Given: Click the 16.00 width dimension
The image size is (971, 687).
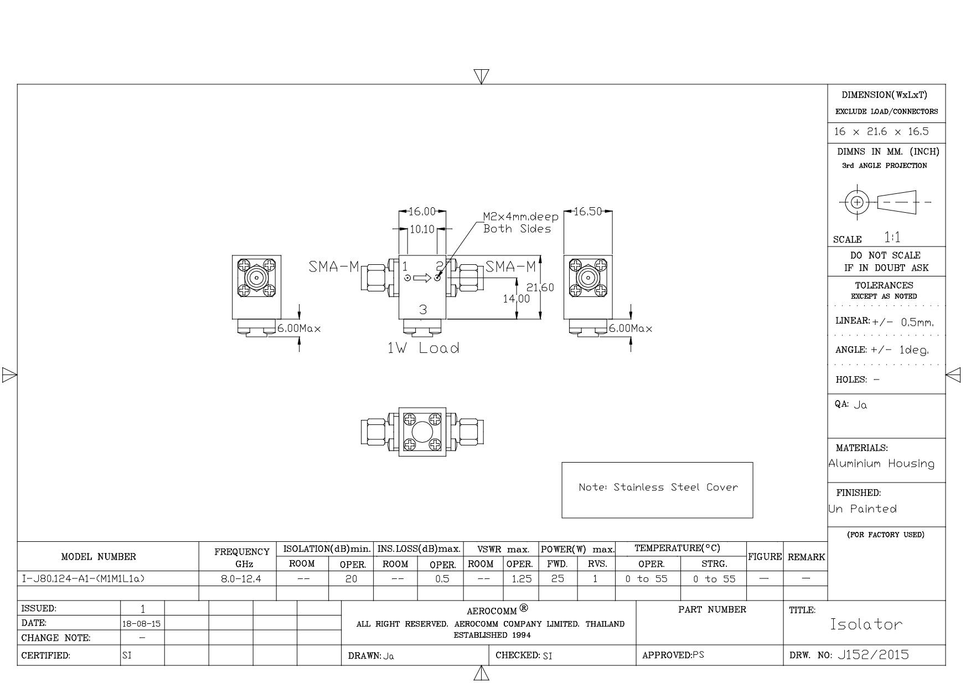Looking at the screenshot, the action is click(x=422, y=212).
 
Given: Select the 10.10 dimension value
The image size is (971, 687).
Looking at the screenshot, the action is click(x=422, y=229).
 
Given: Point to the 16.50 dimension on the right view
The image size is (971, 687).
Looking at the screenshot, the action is click(x=588, y=212).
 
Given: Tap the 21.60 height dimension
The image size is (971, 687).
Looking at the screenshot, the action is click(x=540, y=288).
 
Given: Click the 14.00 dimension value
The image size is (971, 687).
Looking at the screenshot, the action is click(x=517, y=299).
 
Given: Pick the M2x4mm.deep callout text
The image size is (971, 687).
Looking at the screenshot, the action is click(x=521, y=217).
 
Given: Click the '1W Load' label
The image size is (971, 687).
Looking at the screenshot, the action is click(x=423, y=348).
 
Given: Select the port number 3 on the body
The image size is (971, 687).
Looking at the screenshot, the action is click(x=423, y=310).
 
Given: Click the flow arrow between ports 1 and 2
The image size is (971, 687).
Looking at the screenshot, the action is click(x=422, y=278).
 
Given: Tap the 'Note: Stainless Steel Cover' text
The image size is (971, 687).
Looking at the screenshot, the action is click(x=658, y=488).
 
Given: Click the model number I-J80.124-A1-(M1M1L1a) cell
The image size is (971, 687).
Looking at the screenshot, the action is click(x=83, y=579).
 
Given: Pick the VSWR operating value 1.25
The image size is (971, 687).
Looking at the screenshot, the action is click(x=521, y=579).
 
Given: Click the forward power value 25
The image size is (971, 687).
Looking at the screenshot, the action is click(x=557, y=579).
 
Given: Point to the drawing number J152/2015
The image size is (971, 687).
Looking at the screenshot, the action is click(x=873, y=655).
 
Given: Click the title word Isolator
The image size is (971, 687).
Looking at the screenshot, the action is click(x=866, y=624).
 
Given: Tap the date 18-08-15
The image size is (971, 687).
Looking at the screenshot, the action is click(x=142, y=624).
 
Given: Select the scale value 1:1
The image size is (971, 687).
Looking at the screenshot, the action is click(x=892, y=238).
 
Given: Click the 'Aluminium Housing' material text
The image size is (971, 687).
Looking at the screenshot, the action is click(x=882, y=464).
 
